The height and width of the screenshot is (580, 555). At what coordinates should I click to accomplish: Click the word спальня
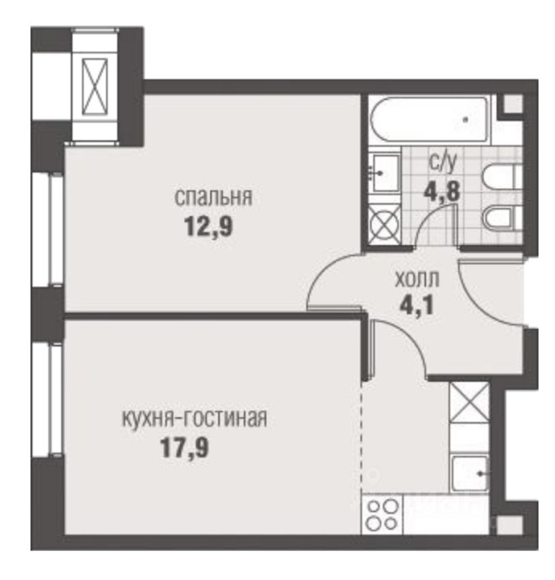pyautogui.click(x=213, y=198)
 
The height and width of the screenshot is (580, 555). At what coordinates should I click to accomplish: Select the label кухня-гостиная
pyautogui.click(x=194, y=419)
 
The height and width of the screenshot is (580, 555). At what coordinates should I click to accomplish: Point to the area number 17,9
pyautogui.click(x=184, y=447)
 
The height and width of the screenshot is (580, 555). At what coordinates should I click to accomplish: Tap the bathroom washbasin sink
pyautogui.click(x=385, y=173)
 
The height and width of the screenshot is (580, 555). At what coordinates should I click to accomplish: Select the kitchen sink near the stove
pyautogui.click(x=470, y=473)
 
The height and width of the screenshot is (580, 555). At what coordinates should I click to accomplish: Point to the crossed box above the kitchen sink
pyautogui.click(x=468, y=403)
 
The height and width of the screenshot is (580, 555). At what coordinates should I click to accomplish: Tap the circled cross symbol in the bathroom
pyautogui.click(x=385, y=222)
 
